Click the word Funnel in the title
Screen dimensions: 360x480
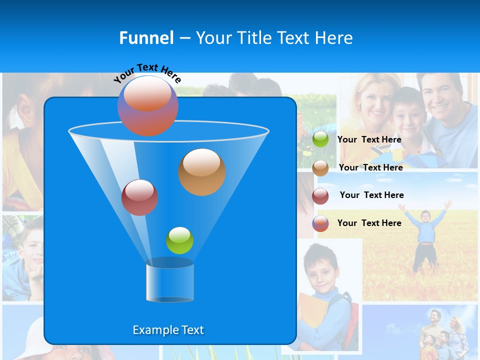click(146, 38)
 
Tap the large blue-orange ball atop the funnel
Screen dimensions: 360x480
click(147, 105)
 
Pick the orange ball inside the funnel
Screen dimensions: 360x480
click(201, 171)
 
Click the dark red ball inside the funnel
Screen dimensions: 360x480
click(139, 197)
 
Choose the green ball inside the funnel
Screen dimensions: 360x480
click(179, 240)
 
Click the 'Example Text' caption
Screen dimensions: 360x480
click(168, 330)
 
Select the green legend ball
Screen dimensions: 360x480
click(320, 139)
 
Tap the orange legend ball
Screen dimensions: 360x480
click(320, 168)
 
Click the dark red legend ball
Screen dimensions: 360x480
click(320, 196)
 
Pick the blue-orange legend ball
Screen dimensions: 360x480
click(320, 223)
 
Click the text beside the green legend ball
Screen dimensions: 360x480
click(369, 139)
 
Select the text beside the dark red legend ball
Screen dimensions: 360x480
click(371, 195)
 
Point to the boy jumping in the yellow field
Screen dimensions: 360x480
click(424, 235)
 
